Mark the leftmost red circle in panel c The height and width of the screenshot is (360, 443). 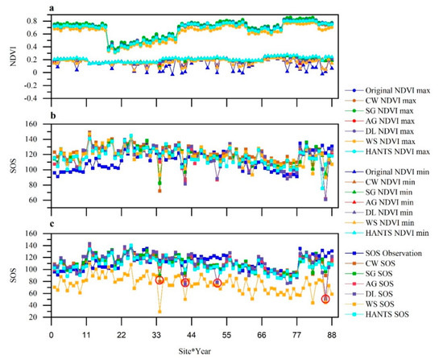click(x=159, y=280)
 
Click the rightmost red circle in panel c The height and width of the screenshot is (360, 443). click(x=325, y=299)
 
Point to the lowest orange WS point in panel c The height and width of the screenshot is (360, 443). click(x=159, y=311)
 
